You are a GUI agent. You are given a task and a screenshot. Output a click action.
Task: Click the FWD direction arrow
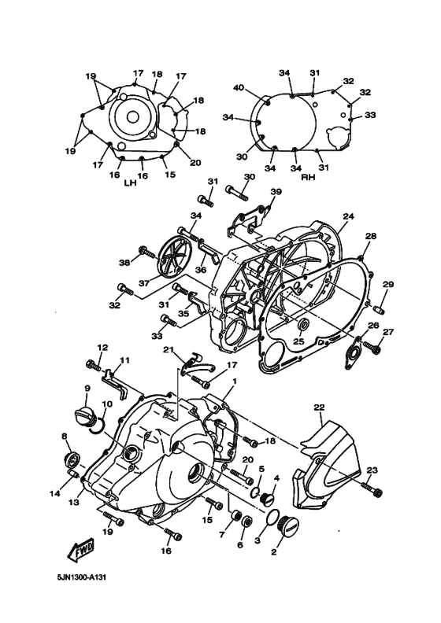82,552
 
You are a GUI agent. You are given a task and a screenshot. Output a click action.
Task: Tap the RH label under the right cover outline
309,177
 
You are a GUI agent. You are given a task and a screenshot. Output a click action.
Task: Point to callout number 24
348,216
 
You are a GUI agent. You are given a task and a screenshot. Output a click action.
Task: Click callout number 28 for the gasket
370,236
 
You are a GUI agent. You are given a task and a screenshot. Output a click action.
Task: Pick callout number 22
319,408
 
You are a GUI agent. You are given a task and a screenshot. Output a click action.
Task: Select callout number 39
275,192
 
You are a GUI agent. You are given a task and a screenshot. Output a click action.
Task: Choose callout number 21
167,349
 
